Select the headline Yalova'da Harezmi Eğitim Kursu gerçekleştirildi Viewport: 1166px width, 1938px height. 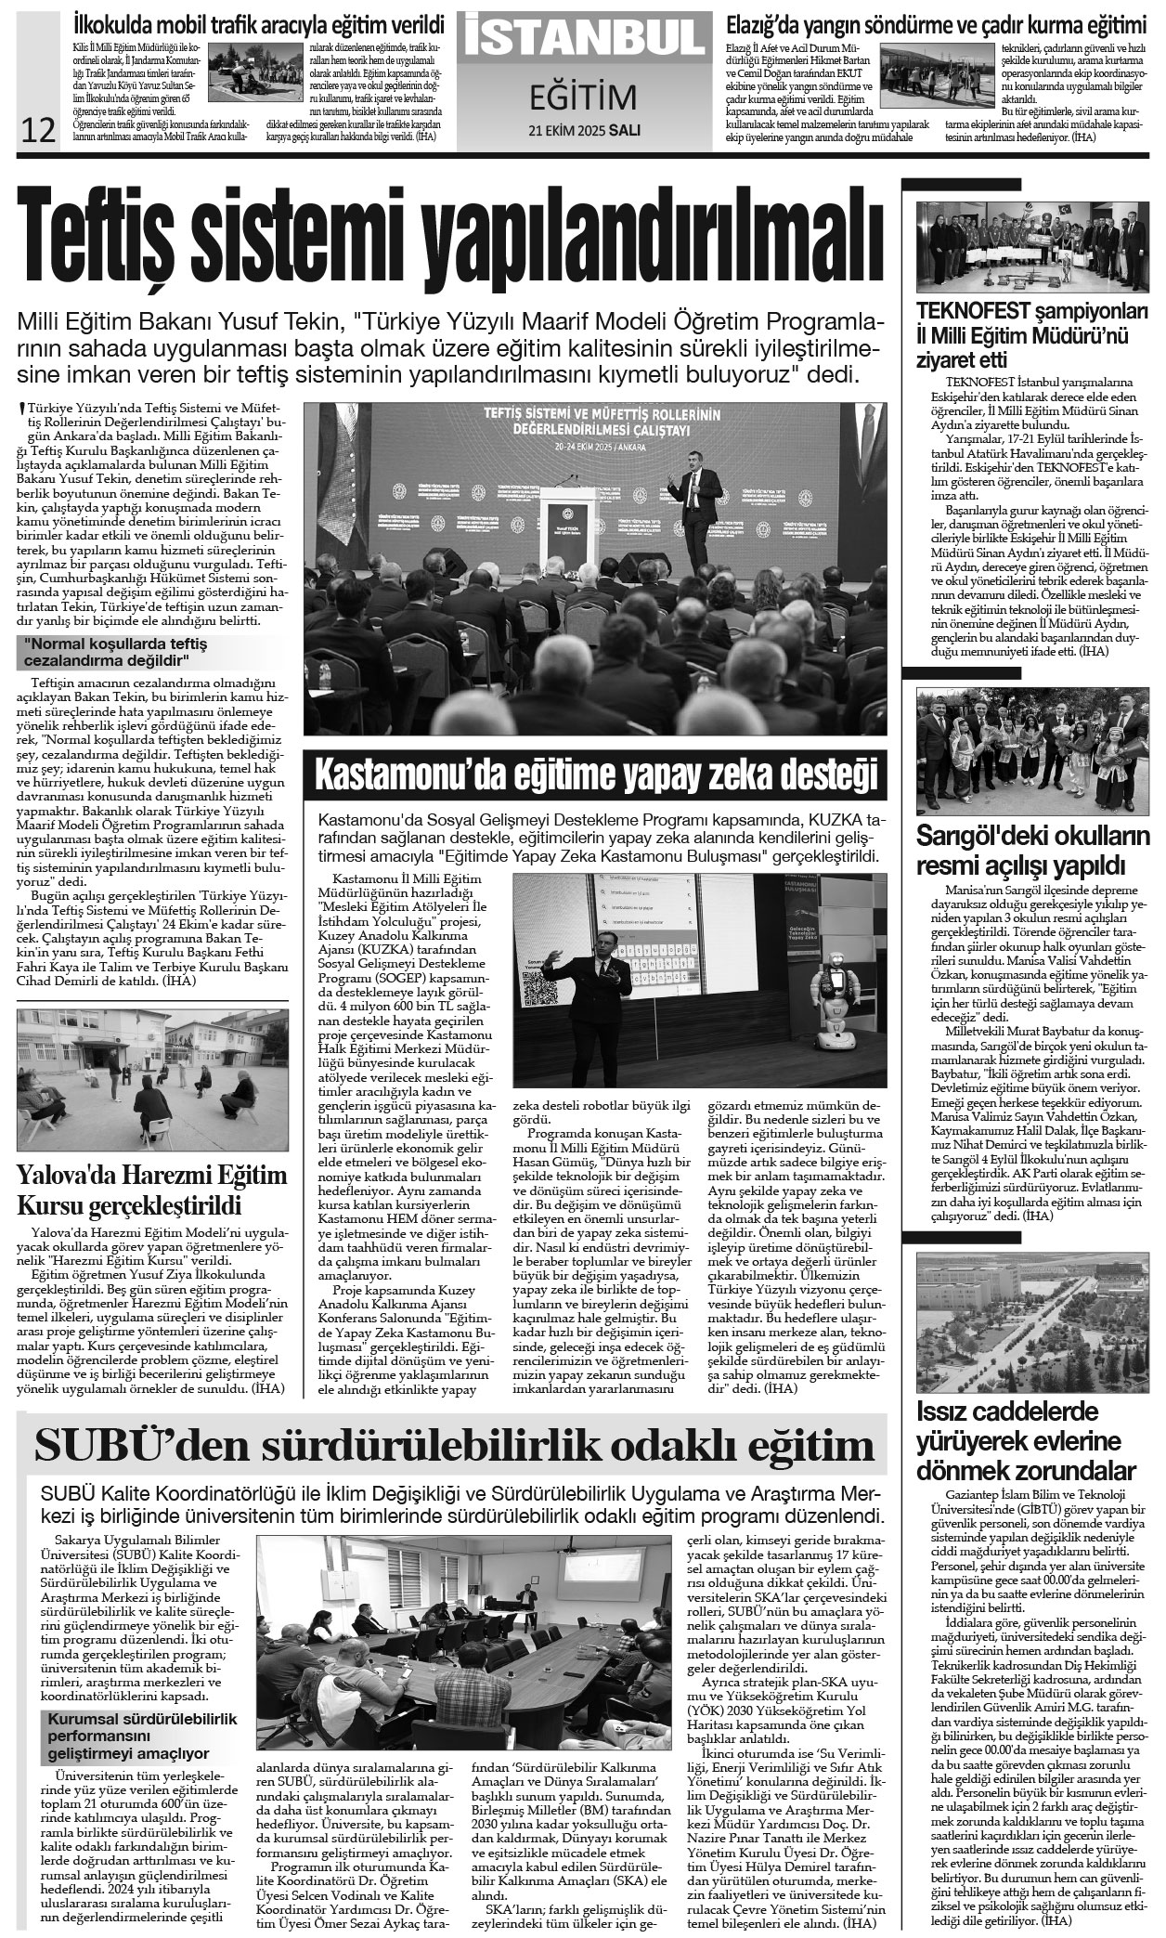pos(153,1190)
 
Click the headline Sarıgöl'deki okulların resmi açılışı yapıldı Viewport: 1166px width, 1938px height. pos(1031,851)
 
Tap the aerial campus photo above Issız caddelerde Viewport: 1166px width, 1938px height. pos(1031,1320)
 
